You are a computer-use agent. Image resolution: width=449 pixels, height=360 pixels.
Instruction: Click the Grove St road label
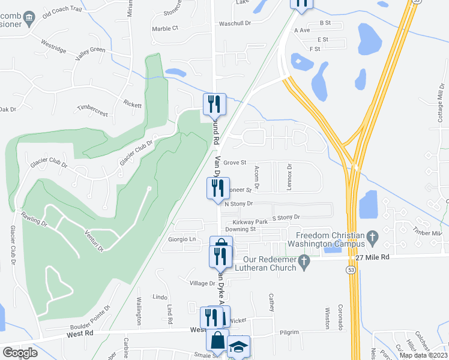coord(235,163)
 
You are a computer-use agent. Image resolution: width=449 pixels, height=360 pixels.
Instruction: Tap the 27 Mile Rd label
coord(372,257)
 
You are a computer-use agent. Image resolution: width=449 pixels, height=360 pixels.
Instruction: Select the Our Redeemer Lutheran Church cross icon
coord(304,260)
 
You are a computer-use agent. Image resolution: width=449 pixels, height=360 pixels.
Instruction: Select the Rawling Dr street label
coord(34,218)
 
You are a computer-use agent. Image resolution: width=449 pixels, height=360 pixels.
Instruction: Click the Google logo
coord(20,353)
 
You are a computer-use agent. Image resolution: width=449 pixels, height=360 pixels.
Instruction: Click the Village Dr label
coord(202,283)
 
